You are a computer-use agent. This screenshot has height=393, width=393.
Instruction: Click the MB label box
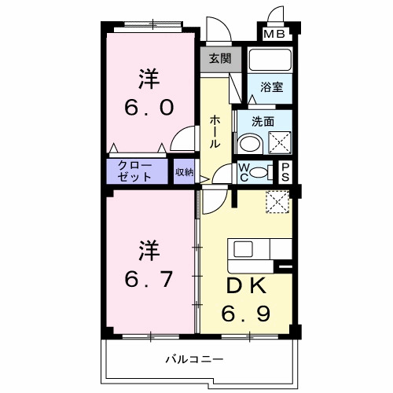274,34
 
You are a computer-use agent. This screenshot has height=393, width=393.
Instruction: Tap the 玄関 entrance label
219,58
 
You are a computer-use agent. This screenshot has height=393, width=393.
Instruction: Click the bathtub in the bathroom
270,61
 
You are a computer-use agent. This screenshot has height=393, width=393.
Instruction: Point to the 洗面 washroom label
263,123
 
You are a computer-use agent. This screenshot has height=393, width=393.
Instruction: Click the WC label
244,172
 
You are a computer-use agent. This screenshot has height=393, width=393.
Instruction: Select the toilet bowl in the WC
265,172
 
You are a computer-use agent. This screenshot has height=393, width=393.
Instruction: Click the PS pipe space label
286,172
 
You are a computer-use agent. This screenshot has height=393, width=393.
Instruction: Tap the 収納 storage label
184,171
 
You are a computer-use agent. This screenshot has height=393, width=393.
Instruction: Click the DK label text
246,284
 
